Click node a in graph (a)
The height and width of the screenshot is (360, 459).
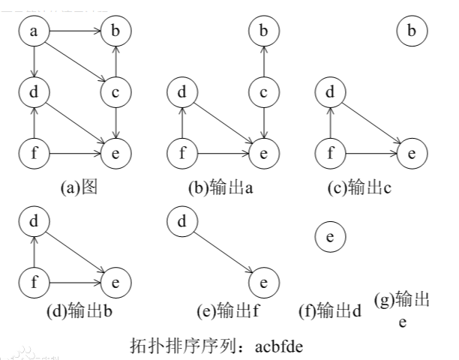[x=33, y=31]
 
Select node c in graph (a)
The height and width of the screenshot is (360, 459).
[x=114, y=93]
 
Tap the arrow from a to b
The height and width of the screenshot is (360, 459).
[x=73, y=31]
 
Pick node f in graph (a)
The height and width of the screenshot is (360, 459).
[x=33, y=154]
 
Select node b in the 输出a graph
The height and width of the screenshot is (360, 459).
[x=263, y=31]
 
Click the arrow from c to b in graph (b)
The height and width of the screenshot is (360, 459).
[x=263, y=61]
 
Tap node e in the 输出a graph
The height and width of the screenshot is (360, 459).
[x=263, y=154]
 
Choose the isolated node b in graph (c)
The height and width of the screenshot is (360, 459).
[x=411, y=31]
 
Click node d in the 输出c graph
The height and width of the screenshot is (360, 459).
[x=330, y=93]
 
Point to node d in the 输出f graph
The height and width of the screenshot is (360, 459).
[x=181, y=222]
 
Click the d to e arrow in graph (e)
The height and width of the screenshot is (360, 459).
[x=222, y=252]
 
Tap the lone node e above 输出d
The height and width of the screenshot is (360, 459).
[x=330, y=237]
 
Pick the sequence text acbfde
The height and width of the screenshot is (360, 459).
[x=279, y=346]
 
